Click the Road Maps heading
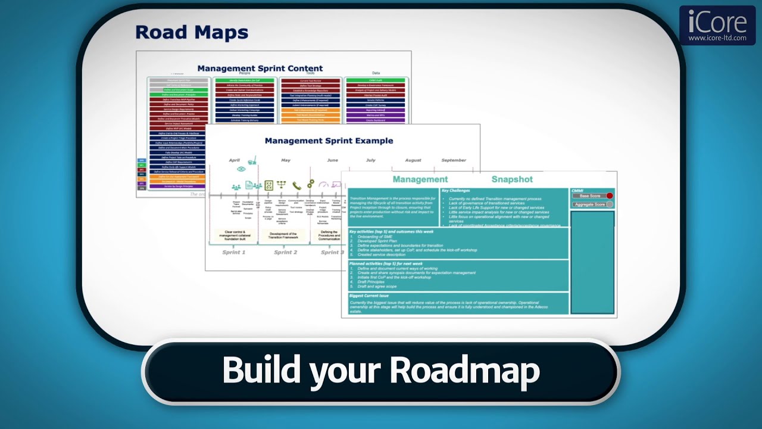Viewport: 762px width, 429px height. tap(191, 32)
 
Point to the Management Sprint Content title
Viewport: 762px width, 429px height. tap(260, 69)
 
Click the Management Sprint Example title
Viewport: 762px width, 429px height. tap(329, 141)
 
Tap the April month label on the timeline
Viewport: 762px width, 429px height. tap(235, 160)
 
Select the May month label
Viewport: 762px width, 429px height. tap(286, 160)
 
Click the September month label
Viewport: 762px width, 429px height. tap(454, 160)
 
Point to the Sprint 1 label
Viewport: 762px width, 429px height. tap(233, 253)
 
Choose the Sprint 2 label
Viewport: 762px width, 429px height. tap(285, 253)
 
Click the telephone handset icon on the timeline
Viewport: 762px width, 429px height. tap(296, 185)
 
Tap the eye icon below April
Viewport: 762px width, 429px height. tap(241, 169)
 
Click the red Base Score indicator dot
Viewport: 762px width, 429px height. tap(610, 196)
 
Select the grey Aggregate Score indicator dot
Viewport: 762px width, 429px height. tap(609, 204)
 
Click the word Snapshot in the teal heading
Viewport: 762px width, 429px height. tap(512, 179)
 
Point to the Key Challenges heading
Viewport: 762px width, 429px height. tap(455, 191)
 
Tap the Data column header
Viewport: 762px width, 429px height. tap(376, 73)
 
